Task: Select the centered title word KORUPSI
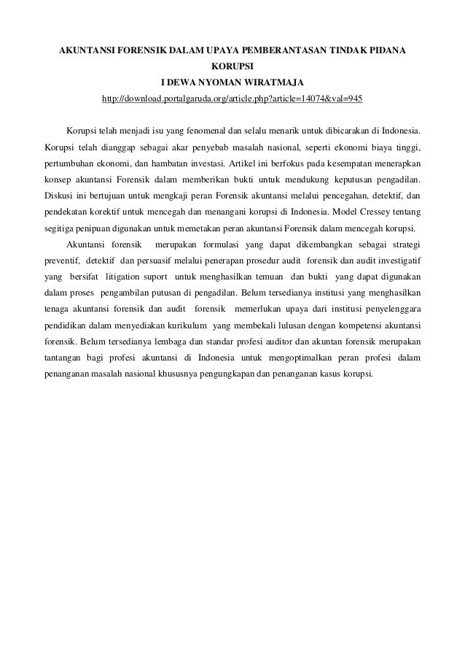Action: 232,68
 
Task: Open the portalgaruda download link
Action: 232,98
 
